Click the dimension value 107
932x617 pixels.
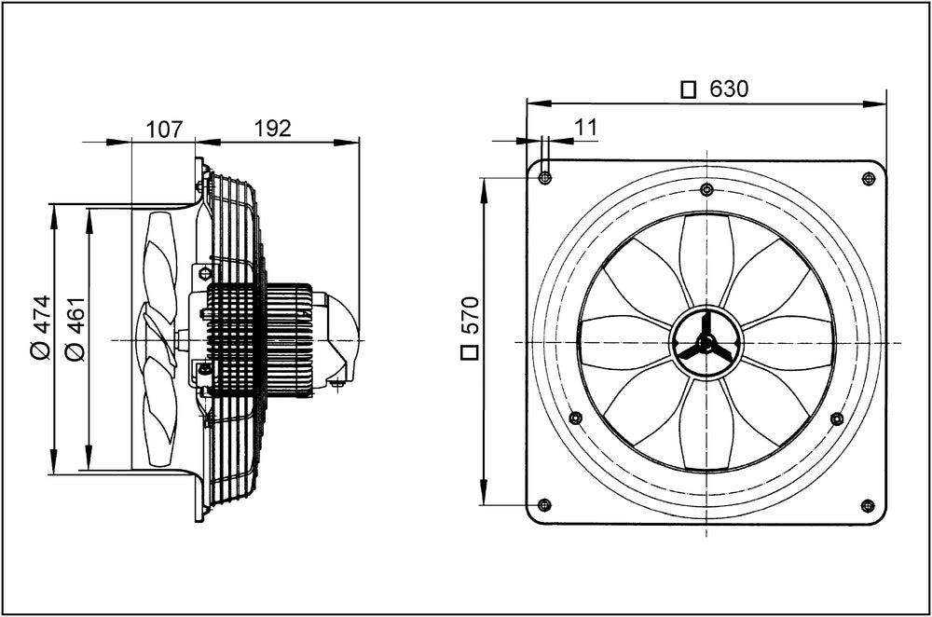pyautogui.click(x=164, y=129)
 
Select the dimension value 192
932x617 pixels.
pyautogui.click(x=273, y=129)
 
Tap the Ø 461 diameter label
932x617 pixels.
pyautogui.click(x=75, y=327)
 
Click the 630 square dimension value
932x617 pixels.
pyautogui.click(x=729, y=89)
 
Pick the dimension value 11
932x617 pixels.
pyautogui.click(x=585, y=128)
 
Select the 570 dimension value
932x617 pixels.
pyautogui.click(x=470, y=316)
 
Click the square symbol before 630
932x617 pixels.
pyautogui.click(x=689, y=89)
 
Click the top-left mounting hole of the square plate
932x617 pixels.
pyautogui.click(x=545, y=178)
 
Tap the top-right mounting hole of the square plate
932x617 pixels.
pyautogui.click(x=868, y=178)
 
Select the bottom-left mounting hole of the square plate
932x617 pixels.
pyautogui.click(x=545, y=505)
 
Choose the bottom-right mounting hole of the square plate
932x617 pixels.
pyautogui.click(x=868, y=505)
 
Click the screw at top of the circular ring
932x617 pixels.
pyautogui.click(x=706, y=190)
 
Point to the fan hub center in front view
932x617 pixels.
pyautogui.click(x=706, y=343)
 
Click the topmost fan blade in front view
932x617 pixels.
pyautogui.click(x=706, y=256)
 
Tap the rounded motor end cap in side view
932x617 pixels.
pyautogui.click(x=344, y=336)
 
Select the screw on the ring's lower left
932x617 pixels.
pyautogui.click(x=575, y=418)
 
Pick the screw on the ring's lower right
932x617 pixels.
pyautogui.click(x=837, y=418)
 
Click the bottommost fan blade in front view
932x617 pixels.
pyautogui.click(x=706, y=429)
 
